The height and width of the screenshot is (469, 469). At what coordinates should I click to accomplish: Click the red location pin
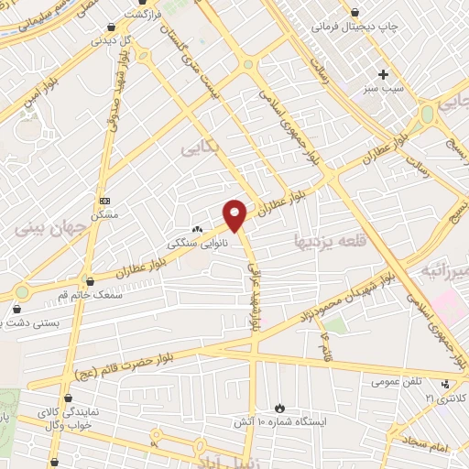pos(236,214)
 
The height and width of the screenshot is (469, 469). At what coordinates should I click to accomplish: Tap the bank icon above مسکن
pos(104,200)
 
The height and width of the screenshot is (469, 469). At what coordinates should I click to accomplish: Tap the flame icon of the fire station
pos(279,408)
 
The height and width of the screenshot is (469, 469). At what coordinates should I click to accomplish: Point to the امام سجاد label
pos(421,445)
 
